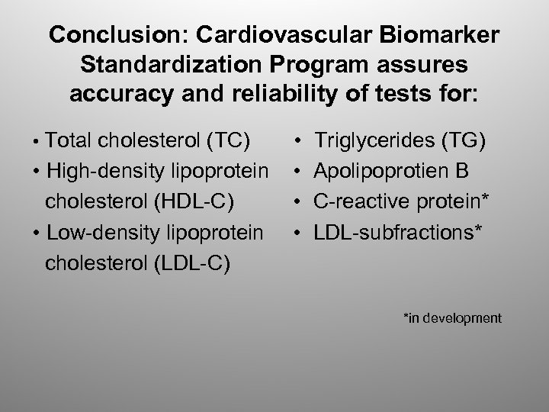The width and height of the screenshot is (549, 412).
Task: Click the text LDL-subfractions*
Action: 398,231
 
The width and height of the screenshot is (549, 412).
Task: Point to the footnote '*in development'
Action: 452,317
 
